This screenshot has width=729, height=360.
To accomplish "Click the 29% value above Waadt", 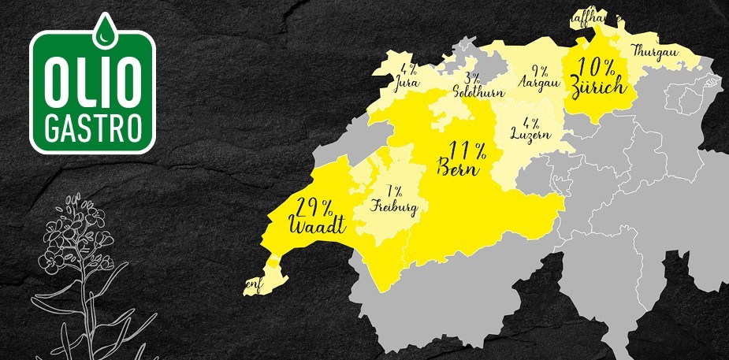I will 314,208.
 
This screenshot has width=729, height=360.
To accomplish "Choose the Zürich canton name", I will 601,86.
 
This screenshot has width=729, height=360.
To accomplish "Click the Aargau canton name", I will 538,81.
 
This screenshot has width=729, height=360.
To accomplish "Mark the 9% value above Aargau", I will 539,69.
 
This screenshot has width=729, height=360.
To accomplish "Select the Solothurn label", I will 473,91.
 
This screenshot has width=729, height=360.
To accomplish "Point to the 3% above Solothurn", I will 472,79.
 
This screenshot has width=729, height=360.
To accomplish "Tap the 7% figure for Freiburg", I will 394,191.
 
